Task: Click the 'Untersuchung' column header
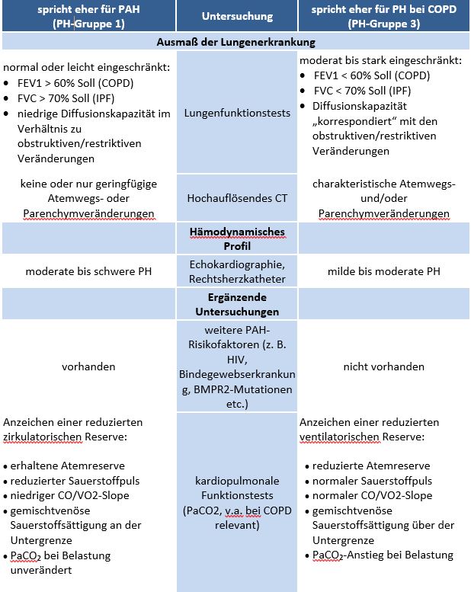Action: [236, 15]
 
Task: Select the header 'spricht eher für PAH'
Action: [88, 8]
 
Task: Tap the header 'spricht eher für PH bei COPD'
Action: [384, 8]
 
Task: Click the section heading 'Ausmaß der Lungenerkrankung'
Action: [235, 42]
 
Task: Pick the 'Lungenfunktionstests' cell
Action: [236, 113]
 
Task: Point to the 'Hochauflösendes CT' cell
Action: [236, 198]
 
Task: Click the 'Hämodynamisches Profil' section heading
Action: [236, 238]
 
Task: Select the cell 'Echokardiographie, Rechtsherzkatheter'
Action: [236, 271]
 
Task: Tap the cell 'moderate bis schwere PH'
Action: [88, 271]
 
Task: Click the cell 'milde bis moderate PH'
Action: [384, 271]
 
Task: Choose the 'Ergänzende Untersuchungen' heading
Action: [236, 305]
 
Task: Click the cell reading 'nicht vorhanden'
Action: [384, 366]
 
